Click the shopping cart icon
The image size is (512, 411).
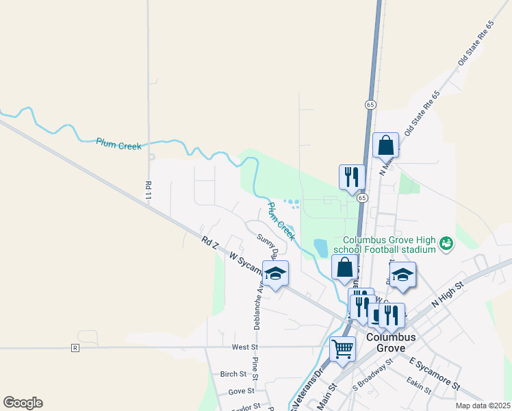coord(342,348)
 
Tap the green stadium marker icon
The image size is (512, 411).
coord(446,243)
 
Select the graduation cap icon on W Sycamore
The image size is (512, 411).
coord(275,274)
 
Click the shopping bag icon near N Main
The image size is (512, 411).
coord(385,146)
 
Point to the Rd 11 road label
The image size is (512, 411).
coord(148,190)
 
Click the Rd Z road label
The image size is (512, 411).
coord(209,242)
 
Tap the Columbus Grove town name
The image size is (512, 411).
coord(391,342)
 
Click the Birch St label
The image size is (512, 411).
coord(233,374)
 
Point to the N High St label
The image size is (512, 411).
coord(448,293)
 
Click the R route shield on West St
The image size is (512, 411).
coord(75,348)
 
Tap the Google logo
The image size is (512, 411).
coord(23,403)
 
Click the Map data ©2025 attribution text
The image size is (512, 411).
coord(482,406)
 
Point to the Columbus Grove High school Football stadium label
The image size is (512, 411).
coord(389,245)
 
